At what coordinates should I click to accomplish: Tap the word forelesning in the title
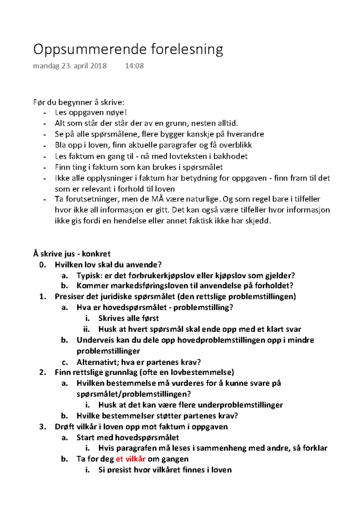pyautogui.click(x=187, y=49)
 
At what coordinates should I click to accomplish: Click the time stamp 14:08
pyautogui.click(x=134, y=66)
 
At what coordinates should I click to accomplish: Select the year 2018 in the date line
pyautogui.click(x=98, y=66)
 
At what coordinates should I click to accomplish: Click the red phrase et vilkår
pyautogui.click(x=130, y=459)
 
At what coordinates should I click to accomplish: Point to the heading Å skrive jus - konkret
pyautogui.click(x=72, y=254)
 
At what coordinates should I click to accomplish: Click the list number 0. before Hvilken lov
pyautogui.click(x=43, y=265)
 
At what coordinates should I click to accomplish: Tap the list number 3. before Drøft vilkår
pyautogui.click(x=43, y=427)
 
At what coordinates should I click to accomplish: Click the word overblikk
pyautogui.click(x=235, y=145)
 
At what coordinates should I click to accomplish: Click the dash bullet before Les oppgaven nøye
pyautogui.click(x=45, y=113)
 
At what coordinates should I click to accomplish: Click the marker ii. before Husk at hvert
pyautogui.click(x=86, y=329)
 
